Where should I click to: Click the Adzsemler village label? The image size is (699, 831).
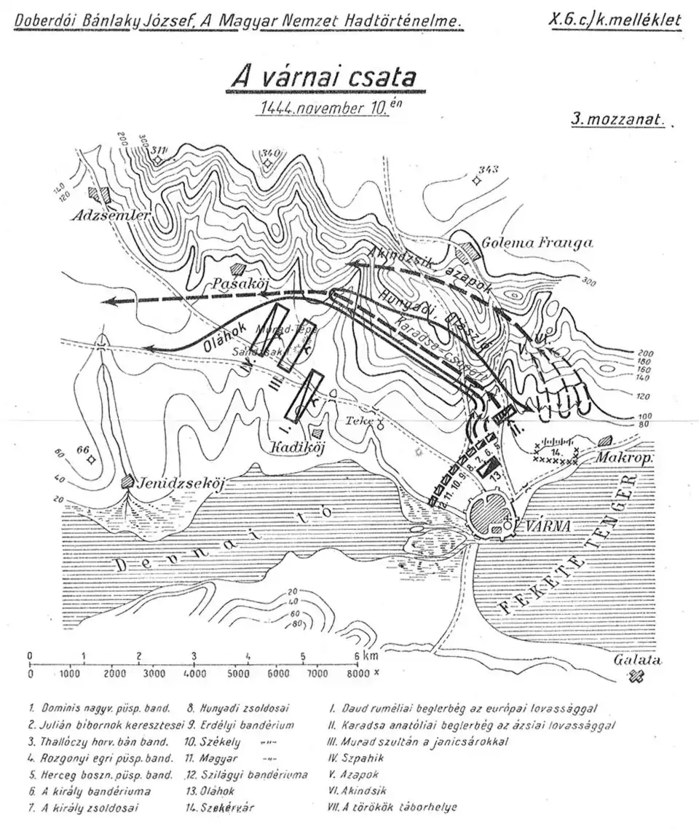[x=111, y=216]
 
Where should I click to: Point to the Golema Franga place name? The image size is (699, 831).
[x=536, y=243]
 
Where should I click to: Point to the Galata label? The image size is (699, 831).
[x=637, y=661]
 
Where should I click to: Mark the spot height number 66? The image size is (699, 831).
[x=82, y=450]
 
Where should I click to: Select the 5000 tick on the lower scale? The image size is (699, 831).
[x=249, y=674]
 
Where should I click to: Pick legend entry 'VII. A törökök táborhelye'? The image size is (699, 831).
[x=393, y=808]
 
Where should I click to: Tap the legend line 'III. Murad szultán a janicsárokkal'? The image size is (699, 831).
[x=417, y=741]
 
